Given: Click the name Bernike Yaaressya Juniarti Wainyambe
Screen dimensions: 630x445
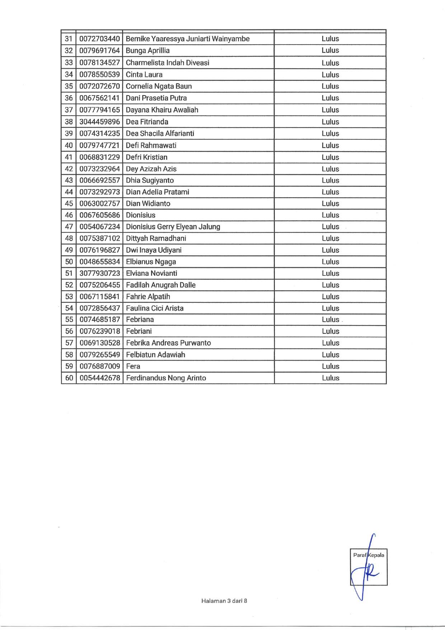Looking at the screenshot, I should (x=188, y=39).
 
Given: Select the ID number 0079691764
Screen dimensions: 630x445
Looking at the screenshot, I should (x=99, y=51).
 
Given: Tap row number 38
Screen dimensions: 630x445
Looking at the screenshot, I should (x=69, y=122).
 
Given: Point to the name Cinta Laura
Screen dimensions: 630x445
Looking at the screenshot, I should (x=144, y=75).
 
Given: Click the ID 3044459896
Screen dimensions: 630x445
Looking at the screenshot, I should (x=99, y=122).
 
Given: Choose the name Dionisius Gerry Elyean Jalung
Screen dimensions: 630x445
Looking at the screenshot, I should (x=173, y=227).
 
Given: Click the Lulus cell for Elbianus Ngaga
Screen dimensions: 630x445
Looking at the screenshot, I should (x=330, y=262).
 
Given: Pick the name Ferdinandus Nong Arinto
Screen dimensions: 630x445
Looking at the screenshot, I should (x=166, y=378).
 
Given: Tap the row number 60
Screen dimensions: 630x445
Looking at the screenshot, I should (x=69, y=378).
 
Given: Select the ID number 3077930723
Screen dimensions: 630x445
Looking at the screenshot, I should (x=99, y=273).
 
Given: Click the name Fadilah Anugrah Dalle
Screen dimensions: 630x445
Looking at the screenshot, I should (x=161, y=285).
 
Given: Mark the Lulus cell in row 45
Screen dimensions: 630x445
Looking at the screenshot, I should (x=330, y=204).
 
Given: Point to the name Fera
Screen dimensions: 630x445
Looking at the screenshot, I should (x=133, y=366).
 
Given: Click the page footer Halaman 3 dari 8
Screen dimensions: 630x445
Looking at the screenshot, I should (x=224, y=601).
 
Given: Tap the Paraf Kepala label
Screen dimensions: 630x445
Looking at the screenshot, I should (x=368, y=555).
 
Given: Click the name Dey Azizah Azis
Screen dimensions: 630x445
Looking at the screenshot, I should (x=151, y=169).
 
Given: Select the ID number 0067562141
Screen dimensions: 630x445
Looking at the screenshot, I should (x=99, y=98).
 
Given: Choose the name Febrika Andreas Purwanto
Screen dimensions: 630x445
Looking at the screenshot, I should (x=168, y=343).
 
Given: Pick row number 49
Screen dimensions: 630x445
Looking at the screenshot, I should (x=69, y=250).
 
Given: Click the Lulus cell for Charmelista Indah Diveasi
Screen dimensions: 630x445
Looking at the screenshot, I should (x=330, y=63).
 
